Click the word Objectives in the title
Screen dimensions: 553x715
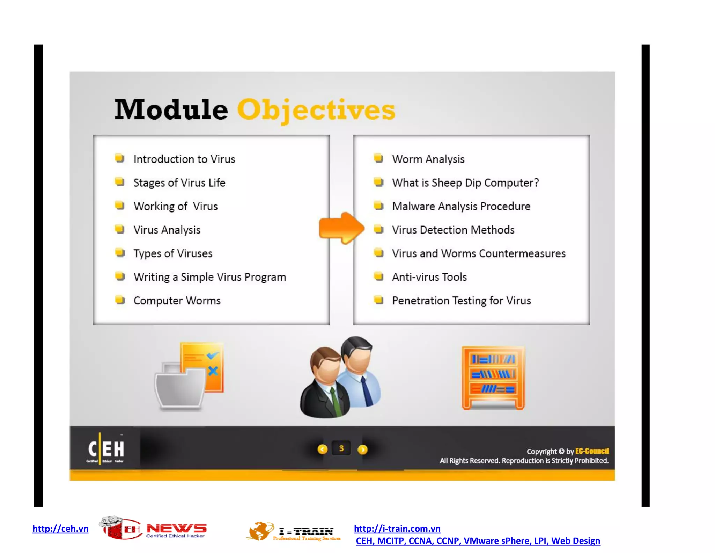pos(316,110)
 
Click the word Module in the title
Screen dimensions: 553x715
pos(171,110)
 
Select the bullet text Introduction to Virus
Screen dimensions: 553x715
pos(184,159)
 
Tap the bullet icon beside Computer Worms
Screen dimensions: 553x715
pos(120,300)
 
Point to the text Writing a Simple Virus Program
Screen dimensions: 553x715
pos(209,277)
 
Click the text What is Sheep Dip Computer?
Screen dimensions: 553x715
pos(465,183)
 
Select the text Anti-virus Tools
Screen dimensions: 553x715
pos(429,277)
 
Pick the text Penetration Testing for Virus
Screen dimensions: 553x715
pos(461,301)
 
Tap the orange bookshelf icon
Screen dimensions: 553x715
pos(493,378)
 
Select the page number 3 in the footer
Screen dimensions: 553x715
pos(341,448)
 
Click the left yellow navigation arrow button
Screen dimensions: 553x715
pos(322,450)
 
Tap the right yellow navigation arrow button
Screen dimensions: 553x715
pos(362,450)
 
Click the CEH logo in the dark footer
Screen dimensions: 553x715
pos(106,449)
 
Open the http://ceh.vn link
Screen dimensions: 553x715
pos(60,529)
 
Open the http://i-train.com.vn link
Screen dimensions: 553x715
pos(397,529)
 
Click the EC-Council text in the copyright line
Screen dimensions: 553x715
pos(592,451)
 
